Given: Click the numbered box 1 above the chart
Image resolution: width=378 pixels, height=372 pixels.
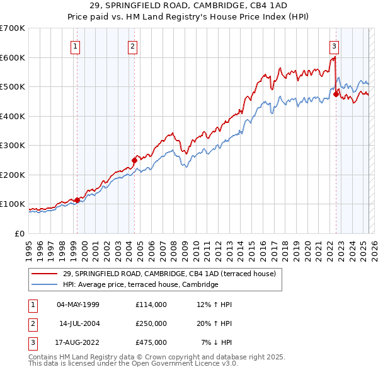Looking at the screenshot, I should [75, 45].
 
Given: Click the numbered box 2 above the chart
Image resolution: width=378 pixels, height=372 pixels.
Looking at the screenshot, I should [133, 45].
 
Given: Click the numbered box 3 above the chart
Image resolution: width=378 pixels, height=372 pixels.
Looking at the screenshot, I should [333, 45].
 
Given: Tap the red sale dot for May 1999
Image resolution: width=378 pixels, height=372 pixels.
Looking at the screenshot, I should [77, 200].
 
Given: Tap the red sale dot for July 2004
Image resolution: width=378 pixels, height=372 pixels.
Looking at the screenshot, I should [135, 160].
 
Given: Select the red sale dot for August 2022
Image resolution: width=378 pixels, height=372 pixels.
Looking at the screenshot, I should [336, 95].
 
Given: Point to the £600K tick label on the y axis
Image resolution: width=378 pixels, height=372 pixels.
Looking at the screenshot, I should [13, 57].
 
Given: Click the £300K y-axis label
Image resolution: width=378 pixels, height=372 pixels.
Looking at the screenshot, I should [13, 145].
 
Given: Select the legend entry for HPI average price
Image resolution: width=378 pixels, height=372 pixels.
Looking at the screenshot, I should [140, 285].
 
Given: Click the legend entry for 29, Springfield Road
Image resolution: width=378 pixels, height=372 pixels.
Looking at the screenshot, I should [169, 274].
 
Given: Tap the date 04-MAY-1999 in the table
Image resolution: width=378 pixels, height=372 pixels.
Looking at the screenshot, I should [78, 305].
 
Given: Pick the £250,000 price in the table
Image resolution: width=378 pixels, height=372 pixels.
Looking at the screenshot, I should [151, 323].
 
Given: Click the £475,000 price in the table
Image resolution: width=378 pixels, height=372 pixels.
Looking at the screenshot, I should [151, 342].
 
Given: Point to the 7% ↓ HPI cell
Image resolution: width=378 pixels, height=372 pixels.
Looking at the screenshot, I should [217, 342].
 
